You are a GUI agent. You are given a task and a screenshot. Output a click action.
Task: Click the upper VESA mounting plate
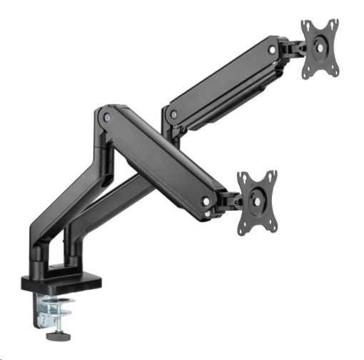(320, 48)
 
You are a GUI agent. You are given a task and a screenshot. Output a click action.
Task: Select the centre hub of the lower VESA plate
(258, 201)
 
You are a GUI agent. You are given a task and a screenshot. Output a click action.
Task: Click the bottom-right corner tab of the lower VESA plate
(273, 227)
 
